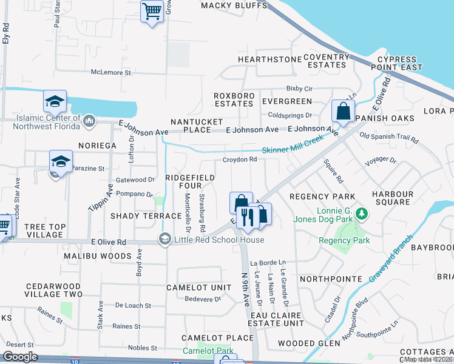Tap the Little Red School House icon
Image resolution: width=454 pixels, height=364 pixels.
click(164, 240)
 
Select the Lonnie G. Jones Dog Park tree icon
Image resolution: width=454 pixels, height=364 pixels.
click(362, 214)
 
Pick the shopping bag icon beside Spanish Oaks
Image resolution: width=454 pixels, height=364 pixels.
click(343, 112)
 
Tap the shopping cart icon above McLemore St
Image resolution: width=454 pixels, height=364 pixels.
click(152, 10)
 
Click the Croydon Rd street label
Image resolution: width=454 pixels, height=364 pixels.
click(241, 160)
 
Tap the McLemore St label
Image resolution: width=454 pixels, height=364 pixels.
click(111, 72)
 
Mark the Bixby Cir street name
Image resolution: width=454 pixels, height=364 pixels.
click(299, 89)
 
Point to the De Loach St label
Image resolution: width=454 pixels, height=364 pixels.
click(132, 306)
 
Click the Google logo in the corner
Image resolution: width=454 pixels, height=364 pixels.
click(21, 357)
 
